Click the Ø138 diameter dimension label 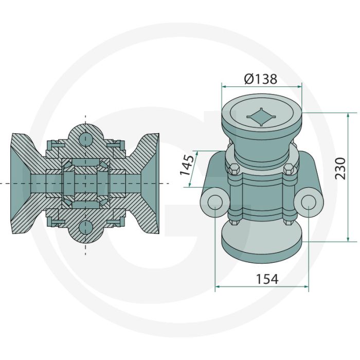pyautogui.click(x=261, y=79)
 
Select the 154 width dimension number pyautogui.click(x=267, y=279)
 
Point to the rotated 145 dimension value pyautogui.click(x=187, y=165)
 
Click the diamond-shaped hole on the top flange pyautogui.click(x=261, y=117)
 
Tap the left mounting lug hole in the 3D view pyautogui.click(x=215, y=202)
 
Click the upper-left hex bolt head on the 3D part pyautogui.click(x=233, y=169)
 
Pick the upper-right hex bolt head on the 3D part pyautogui.click(x=289, y=170)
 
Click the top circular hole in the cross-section pyautogui.click(x=85, y=138)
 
